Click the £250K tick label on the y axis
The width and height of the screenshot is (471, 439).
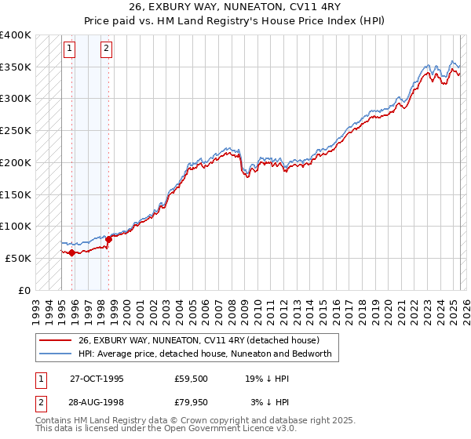pos(15,130)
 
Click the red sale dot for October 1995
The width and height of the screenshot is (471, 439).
pos(71,252)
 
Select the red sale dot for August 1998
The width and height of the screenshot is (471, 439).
pos(108,239)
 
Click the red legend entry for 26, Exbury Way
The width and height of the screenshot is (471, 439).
pos(198,341)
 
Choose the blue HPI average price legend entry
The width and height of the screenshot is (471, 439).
pos(206,354)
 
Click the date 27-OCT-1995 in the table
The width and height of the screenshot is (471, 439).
pos(97,378)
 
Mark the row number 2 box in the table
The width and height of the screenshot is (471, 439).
pos(40,404)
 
